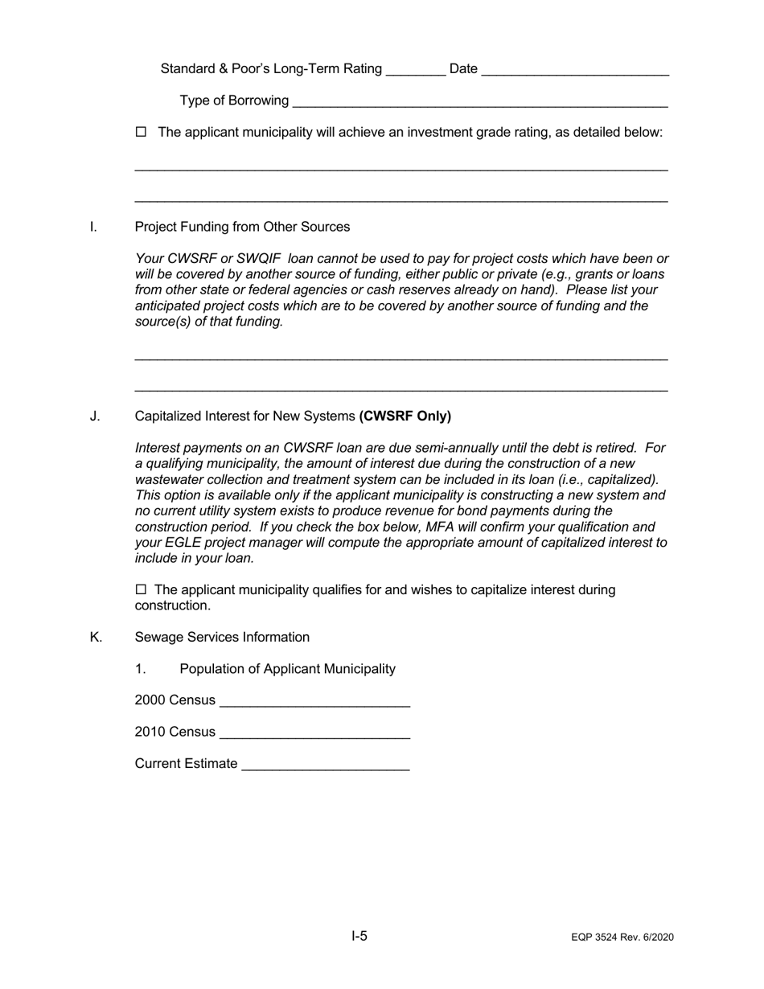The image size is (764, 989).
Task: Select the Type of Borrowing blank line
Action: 480,102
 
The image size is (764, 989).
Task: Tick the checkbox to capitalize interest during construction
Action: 142,590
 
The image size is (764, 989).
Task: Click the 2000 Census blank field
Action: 314,702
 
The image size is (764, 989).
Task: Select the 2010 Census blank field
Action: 314,733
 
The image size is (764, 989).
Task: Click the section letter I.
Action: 93,227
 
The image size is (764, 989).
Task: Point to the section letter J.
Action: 95,416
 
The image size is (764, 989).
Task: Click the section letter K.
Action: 96,637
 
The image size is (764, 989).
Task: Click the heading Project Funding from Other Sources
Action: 242,227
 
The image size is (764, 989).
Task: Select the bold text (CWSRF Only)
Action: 405,416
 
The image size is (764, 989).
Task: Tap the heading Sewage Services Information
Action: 222,637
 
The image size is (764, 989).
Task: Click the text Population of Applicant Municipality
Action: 287,669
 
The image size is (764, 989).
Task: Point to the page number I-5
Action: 359,936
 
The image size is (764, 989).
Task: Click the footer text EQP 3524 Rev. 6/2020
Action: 622,938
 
